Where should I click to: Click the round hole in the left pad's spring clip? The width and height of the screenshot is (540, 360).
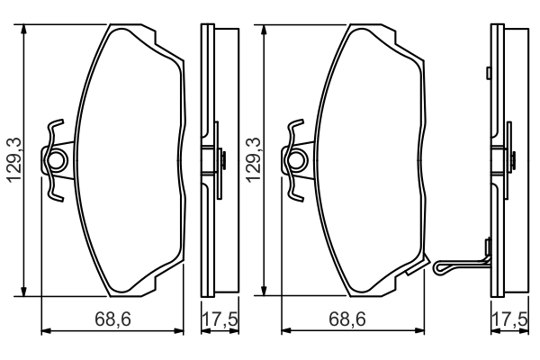point(58,161)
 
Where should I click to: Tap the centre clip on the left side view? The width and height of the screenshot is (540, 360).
point(219,161)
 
